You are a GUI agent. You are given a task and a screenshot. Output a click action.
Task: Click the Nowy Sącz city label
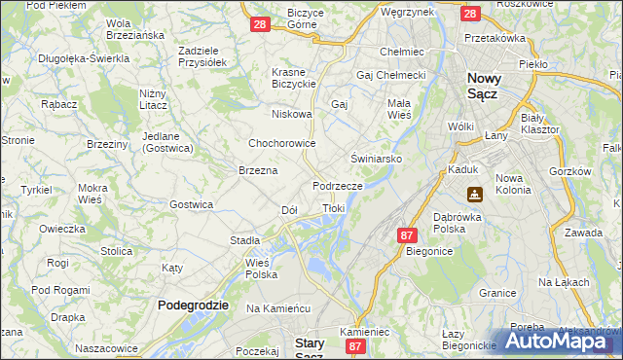(x=495, y=87)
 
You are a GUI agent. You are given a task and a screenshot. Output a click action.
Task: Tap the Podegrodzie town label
(x=193, y=305)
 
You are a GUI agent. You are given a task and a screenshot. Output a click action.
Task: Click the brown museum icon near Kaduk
(x=474, y=194)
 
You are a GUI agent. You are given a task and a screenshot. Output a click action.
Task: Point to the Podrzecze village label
(x=338, y=185)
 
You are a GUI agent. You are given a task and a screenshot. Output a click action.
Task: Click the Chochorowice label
(x=281, y=143)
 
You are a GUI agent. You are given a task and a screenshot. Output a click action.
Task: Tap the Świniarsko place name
(x=377, y=158)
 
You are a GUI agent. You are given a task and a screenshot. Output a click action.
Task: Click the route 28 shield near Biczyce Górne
(x=259, y=24)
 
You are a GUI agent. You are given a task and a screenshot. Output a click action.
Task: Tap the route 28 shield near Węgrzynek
(x=470, y=14)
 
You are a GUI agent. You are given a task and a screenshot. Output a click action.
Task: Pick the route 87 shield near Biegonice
(x=408, y=234)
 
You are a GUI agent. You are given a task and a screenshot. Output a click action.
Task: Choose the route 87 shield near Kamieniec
(x=356, y=345)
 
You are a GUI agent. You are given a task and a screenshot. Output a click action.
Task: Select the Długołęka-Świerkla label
(x=84, y=58)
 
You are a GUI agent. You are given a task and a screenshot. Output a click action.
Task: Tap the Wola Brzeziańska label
(x=132, y=29)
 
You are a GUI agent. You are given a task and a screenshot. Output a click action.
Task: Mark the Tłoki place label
(x=333, y=208)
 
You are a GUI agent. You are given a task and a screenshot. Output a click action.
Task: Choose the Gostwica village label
(x=191, y=204)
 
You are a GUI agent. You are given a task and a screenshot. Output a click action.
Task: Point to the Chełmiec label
(x=400, y=52)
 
